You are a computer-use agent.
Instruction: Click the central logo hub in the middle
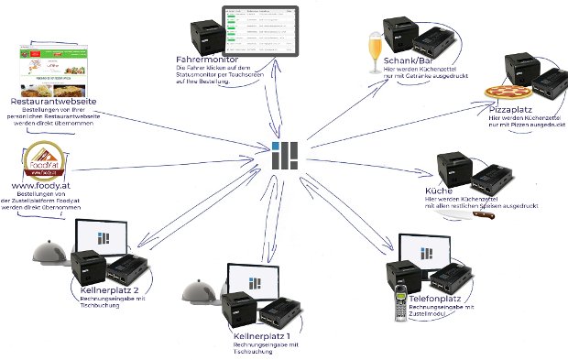coord(285,156)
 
